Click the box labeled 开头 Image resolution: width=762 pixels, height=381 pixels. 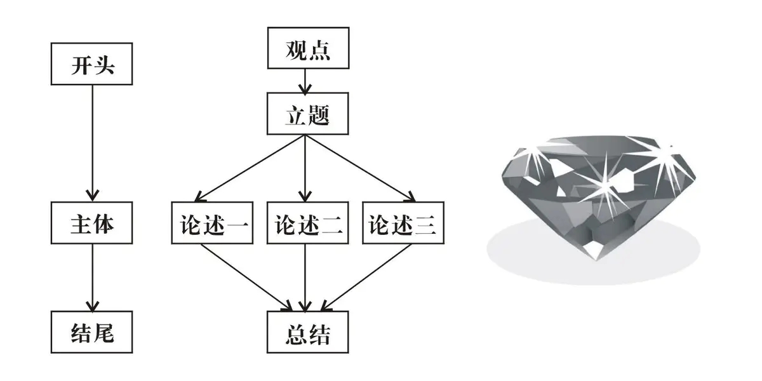(x=92, y=65)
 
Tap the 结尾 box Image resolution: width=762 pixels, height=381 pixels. (x=92, y=331)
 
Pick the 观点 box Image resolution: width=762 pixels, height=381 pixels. (x=307, y=48)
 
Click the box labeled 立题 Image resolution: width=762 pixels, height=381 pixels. (x=307, y=114)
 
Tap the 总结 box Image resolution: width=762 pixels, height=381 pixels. (x=307, y=331)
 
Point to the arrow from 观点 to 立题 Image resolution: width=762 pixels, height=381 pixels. (x=307, y=81)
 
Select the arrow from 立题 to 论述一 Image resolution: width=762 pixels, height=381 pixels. (x=254, y=166)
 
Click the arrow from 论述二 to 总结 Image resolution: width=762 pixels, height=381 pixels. (x=307, y=277)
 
